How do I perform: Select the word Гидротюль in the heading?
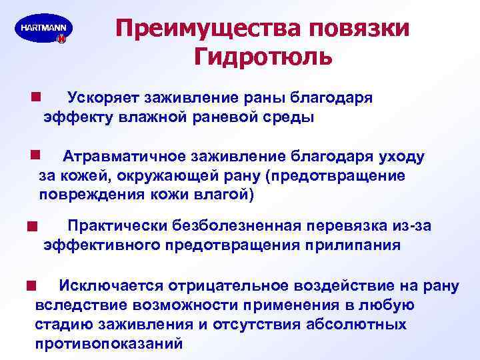pos(263,57)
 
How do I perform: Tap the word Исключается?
pos(107,285)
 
